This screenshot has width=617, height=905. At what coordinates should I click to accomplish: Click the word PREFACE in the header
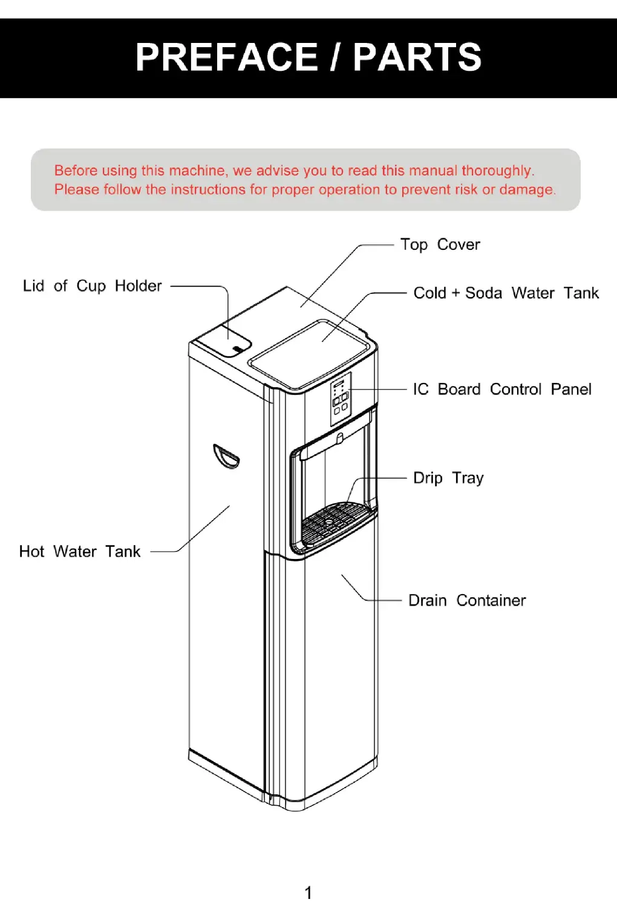(x=226, y=57)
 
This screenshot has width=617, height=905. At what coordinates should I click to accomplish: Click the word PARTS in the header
(x=417, y=57)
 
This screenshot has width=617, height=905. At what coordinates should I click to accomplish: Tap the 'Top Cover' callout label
(x=440, y=245)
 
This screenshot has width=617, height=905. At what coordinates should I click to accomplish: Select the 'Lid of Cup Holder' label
(x=92, y=286)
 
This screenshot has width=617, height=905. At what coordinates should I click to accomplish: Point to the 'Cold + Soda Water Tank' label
(x=506, y=293)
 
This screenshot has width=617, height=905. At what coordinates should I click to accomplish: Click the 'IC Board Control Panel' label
(x=501, y=390)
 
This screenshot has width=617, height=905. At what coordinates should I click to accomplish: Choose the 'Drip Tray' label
(x=448, y=479)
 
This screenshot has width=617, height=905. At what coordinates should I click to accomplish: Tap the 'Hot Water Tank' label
(x=80, y=552)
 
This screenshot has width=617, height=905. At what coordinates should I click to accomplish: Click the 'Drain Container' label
(x=467, y=601)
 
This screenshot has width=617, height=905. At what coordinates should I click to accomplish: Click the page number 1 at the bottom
(x=308, y=892)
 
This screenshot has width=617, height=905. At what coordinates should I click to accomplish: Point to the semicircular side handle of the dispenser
(x=226, y=456)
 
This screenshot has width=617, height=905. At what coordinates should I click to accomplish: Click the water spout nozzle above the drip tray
(x=340, y=437)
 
